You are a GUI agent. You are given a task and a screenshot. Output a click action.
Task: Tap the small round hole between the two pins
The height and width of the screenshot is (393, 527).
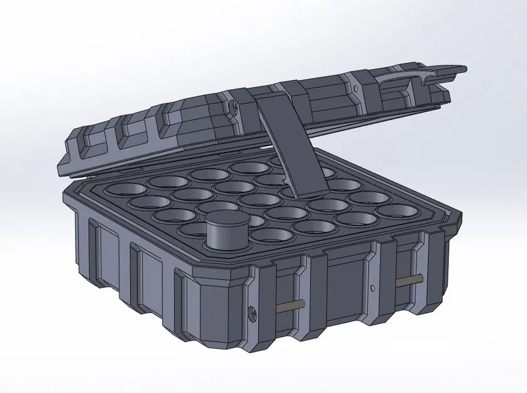[373, 289]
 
